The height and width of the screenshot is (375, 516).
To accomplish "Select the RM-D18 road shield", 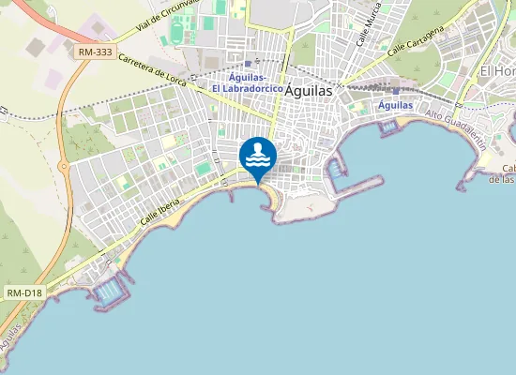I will click(24, 293).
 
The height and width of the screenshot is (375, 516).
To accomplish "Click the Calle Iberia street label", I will click(156, 208).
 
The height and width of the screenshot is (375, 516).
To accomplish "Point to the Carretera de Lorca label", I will click(154, 71).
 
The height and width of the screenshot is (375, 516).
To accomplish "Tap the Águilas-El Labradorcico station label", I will click(248, 82).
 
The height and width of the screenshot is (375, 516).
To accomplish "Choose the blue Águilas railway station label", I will click(395, 106).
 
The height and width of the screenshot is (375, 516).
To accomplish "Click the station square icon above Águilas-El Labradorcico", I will click(247, 64).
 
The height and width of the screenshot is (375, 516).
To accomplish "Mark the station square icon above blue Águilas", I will click(395, 91).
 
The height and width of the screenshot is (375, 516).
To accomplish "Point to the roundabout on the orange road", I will click(64, 167).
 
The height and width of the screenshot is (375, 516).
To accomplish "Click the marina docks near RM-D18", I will click(109, 292).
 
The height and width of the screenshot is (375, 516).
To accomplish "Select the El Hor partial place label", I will click(497, 71).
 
